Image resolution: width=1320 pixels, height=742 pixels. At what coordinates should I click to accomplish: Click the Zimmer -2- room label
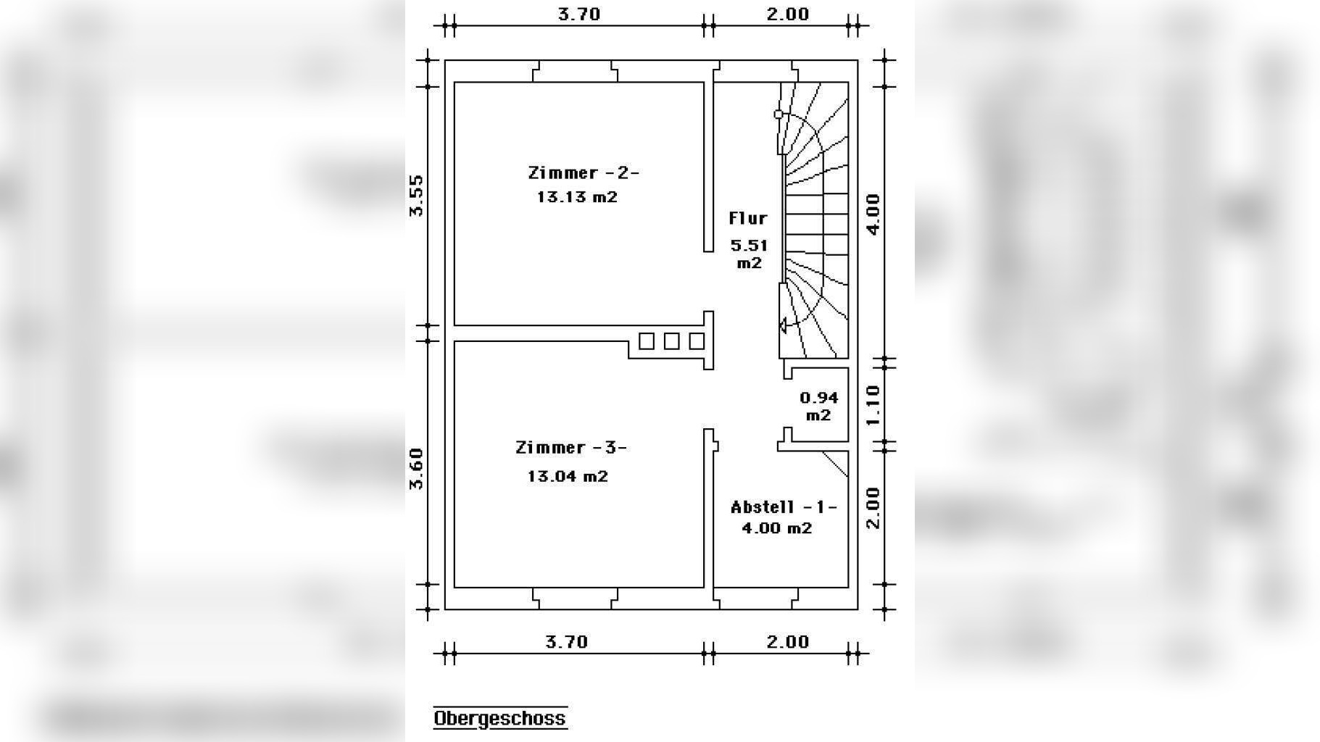(x=584, y=172)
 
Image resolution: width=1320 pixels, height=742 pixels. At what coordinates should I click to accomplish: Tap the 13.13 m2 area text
(x=577, y=197)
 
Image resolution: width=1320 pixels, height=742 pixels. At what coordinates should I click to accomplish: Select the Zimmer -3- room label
(x=570, y=448)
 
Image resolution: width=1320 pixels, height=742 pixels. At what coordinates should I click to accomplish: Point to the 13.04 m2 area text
(x=568, y=476)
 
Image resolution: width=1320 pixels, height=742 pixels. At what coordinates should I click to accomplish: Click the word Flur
(x=748, y=218)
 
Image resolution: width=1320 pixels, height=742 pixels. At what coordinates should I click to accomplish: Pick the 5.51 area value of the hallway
(x=749, y=246)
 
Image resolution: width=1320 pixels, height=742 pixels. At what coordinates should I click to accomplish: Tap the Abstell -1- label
(x=784, y=507)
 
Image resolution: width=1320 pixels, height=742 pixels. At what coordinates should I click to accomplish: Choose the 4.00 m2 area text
(x=776, y=528)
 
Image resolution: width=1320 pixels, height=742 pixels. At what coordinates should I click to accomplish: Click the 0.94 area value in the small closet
(x=819, y=398)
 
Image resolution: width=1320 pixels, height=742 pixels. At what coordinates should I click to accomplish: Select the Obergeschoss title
(x=500, y=718)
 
